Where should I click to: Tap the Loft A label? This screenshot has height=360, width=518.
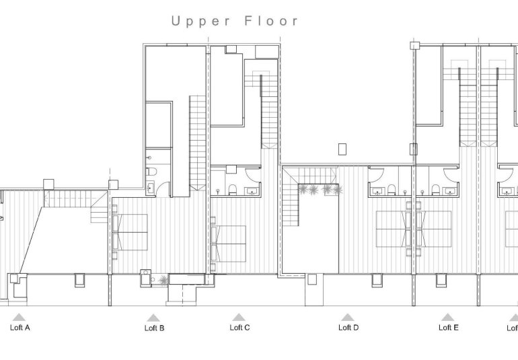20,328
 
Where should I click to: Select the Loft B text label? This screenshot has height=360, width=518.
154,328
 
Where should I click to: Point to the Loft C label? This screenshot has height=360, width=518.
239,328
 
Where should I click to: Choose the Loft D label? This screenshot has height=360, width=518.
348,328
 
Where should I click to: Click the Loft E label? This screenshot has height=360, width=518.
449,328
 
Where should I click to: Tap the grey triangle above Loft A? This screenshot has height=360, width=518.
20,317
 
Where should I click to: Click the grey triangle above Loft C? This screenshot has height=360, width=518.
238,317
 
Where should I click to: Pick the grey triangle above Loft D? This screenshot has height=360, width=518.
347,317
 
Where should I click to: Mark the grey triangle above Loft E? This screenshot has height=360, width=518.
447,317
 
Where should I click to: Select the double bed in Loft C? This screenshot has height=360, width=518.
229,242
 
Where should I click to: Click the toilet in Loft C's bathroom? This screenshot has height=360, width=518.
231,189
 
